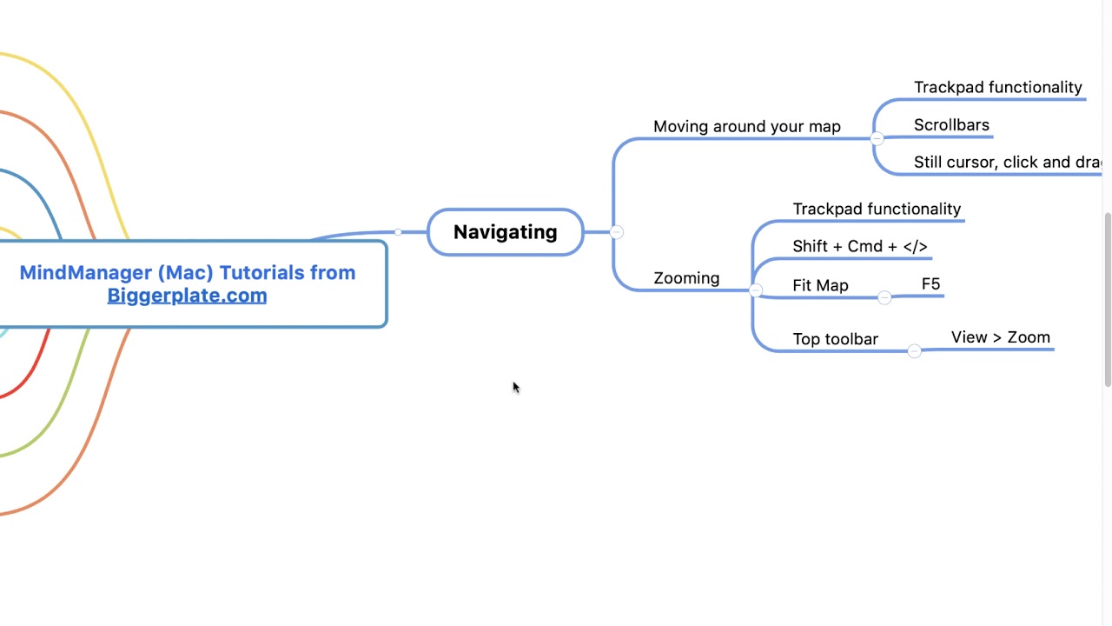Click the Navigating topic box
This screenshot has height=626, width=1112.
(505, 232)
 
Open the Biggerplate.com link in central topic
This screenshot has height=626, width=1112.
(187, 296)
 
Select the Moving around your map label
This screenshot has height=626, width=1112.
(746, 127)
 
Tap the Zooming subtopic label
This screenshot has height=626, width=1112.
(686, 278)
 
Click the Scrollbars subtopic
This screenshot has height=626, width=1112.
(951, 125)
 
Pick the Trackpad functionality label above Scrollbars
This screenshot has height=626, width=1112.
(997, 88)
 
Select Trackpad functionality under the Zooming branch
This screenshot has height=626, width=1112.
(876, 210)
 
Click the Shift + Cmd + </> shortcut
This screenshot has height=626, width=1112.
(859, 247)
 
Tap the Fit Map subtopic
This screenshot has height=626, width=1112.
(820, 286)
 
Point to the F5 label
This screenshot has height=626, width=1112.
(930, 284)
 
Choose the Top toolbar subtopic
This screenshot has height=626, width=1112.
(835, 339)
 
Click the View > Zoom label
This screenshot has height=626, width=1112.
(1000, 337)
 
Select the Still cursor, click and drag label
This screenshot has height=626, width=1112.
(1007, 163)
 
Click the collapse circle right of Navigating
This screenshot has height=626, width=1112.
(616, 232)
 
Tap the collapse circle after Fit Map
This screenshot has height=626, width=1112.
(884, 297)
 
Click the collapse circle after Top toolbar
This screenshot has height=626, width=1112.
(914, 350)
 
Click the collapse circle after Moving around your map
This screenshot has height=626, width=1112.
(877, 138)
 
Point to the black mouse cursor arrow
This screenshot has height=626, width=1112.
(514, 387)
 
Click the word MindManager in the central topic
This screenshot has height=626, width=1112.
(85, 273)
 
